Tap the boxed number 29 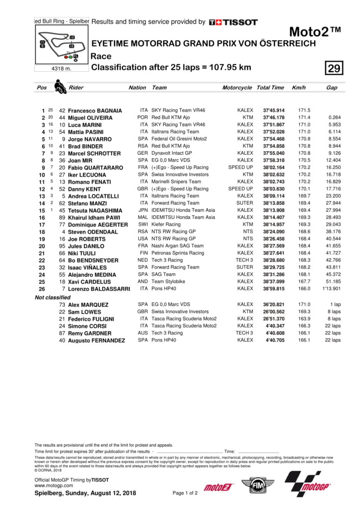[x=335, y=68]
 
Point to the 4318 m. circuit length [x=62, y=68]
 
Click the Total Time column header [x=270, y=88]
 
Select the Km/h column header [x=298, y=88]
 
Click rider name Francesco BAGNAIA [x=95, y=110]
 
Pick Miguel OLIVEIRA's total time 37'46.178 [x=273, y=118]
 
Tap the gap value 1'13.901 [x=331, y=289]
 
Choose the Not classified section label [x=52, y=297]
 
